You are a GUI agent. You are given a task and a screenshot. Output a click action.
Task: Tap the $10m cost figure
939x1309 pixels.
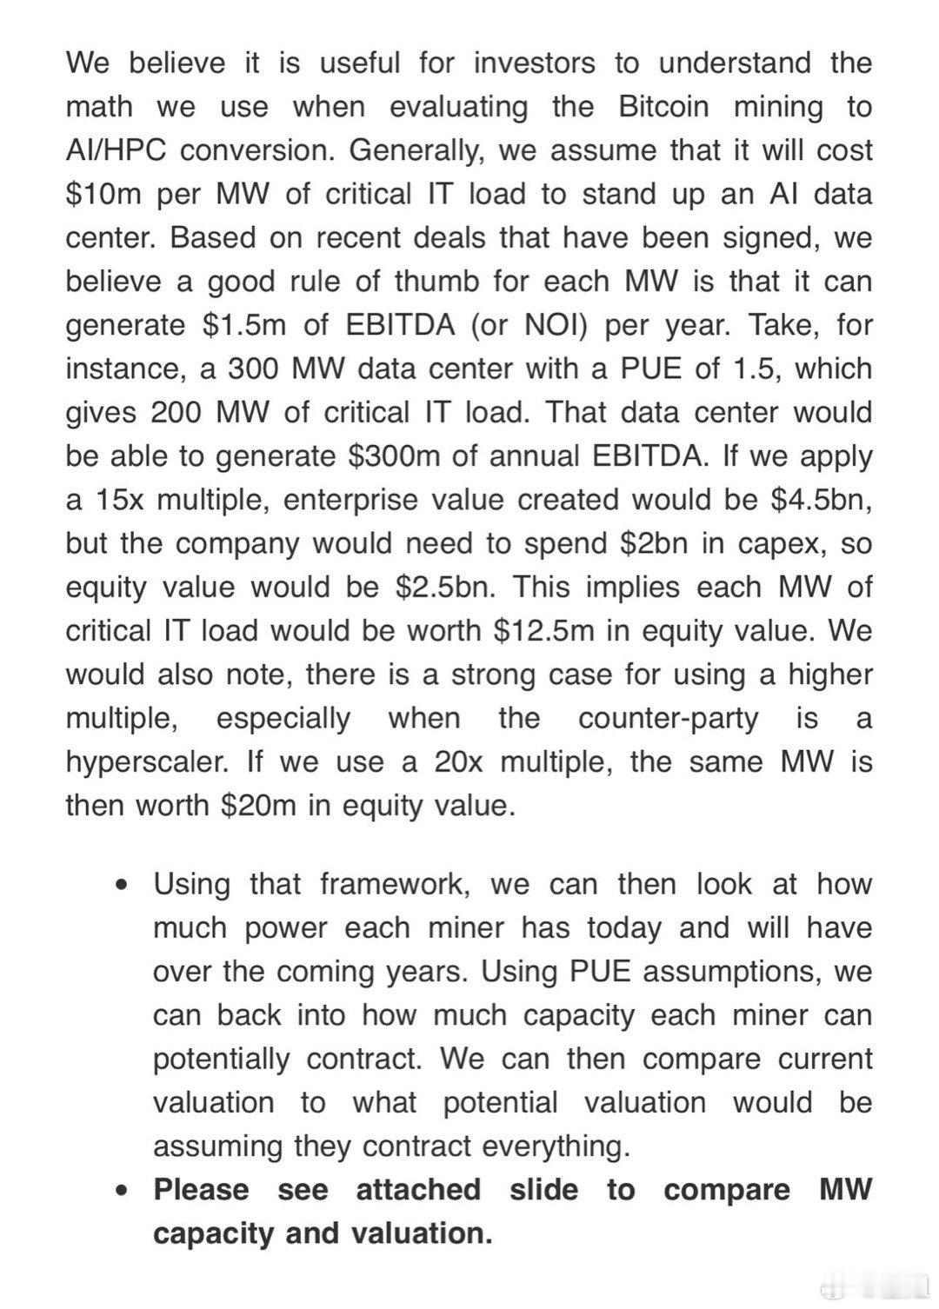click(103, 194)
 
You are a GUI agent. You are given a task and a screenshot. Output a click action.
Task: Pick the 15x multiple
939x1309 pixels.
click(116, 500)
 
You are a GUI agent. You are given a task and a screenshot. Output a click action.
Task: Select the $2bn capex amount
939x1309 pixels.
click(653, 543)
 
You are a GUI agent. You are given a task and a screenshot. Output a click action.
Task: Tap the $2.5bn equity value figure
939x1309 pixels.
click(445, 587)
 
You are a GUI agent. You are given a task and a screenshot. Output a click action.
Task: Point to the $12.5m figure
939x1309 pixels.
click(543, 631)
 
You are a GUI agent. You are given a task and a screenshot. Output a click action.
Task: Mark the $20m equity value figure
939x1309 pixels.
click(259, 806)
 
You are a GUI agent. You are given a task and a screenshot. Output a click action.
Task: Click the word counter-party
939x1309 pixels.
click(668, 719)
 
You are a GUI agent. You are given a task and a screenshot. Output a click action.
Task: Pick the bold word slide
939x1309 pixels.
click(543, 1189)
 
